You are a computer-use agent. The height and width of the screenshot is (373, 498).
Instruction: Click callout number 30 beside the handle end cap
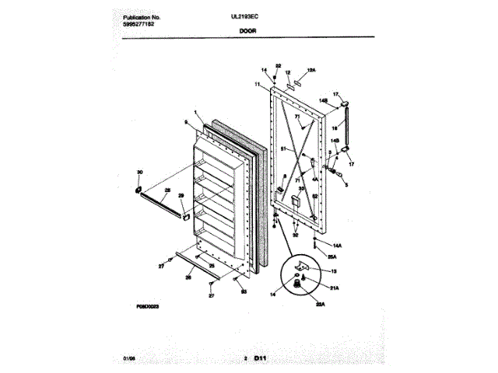coord(140,172)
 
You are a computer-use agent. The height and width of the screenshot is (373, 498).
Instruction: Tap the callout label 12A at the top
coord(312,70)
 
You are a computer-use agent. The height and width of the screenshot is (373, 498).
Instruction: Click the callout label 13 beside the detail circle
coord(334,270)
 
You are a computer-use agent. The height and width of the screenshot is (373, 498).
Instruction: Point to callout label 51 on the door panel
coord(284,148)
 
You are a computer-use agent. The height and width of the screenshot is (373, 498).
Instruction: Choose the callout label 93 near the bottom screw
coord(244,291)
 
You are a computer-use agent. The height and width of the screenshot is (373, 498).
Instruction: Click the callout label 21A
coord(335,288)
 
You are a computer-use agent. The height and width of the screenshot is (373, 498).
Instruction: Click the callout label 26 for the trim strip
coord(187,277)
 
